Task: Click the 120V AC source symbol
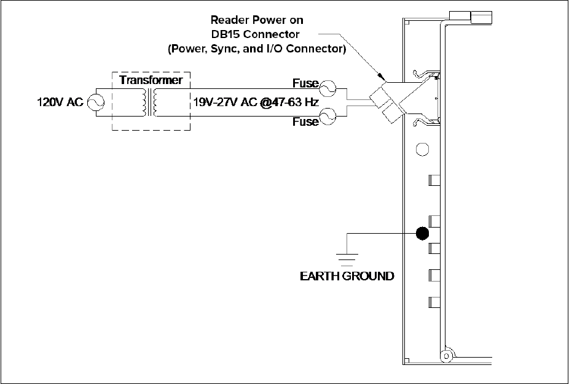coord(95,102)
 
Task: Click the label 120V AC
coord(57,102)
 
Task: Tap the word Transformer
coord(151,81)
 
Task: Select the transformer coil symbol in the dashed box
coord(151,102)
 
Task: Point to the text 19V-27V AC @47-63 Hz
coord(255,102)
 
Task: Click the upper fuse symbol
coord(328,88)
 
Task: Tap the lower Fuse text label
coord(305,121)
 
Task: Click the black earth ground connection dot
coord(422,233)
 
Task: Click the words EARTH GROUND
coord(347,276)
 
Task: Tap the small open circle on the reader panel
coord(422,149)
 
